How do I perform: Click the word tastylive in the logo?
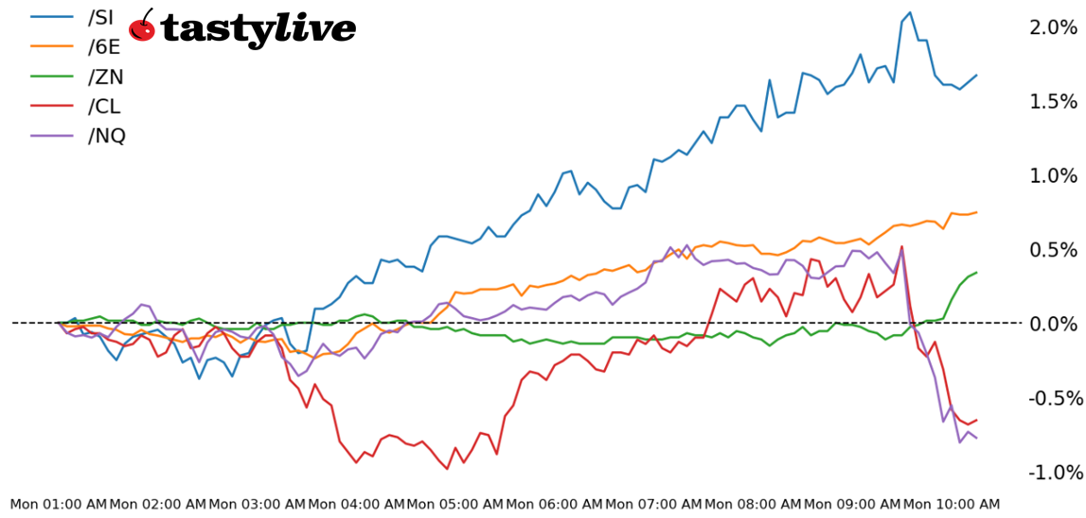coord(258,28)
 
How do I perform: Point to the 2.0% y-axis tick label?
coord(1053,27)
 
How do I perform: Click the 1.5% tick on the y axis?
coord(1053,101)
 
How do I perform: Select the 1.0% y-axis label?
coord(1053,175)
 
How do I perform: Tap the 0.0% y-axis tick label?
coord(1053,324)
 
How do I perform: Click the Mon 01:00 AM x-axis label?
coord(59,505)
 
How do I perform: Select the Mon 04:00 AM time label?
coord(356,505)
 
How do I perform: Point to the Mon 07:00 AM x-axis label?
coord(653,505)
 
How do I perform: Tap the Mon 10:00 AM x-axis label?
coord(951,505)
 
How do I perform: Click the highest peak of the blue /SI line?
coord(910,12)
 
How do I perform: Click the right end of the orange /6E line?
coord(976,212)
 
